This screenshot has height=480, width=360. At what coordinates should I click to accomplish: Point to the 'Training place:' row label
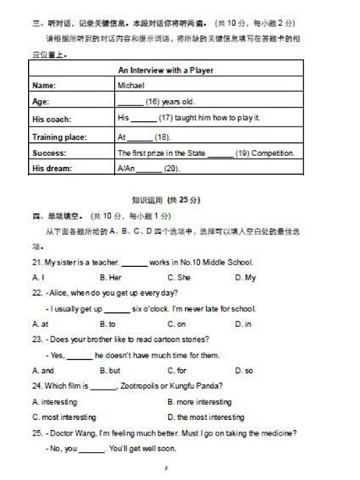[59, 136]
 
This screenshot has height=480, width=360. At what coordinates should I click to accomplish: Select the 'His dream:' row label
[52, 169]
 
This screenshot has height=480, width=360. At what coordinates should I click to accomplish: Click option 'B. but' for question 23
[110, 371]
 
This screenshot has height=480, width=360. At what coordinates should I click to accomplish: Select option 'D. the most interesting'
[205, 418]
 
